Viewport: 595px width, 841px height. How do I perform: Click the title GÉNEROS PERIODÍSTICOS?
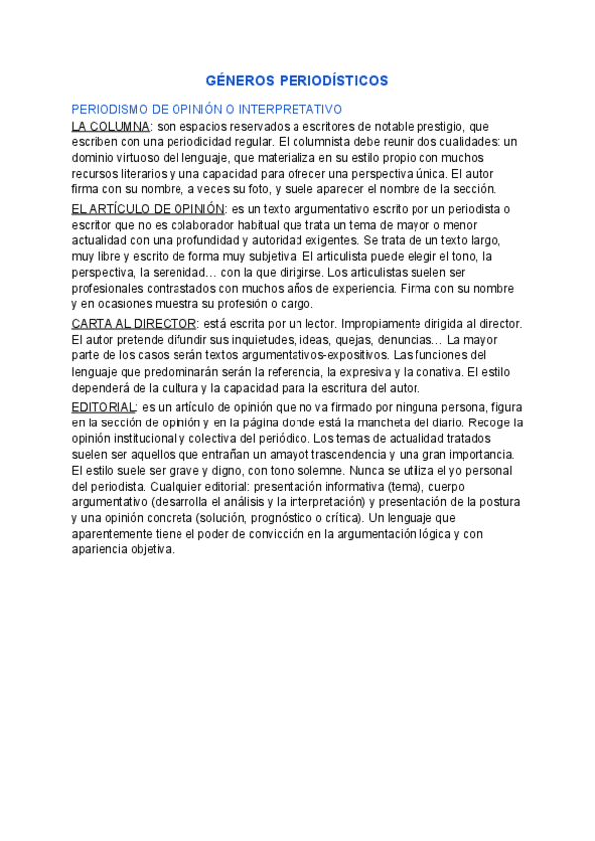[297, 80]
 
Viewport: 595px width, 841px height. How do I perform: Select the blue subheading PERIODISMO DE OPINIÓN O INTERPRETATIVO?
[206, 110]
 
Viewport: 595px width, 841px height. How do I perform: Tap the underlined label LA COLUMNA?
[111, 126]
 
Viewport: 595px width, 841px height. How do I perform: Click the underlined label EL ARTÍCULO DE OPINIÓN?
[149, 209]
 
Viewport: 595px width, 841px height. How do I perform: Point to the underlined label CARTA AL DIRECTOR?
[135, 323]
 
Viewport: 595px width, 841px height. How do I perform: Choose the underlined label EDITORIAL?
[103, 407]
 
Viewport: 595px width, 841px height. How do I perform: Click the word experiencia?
[356, 288]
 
